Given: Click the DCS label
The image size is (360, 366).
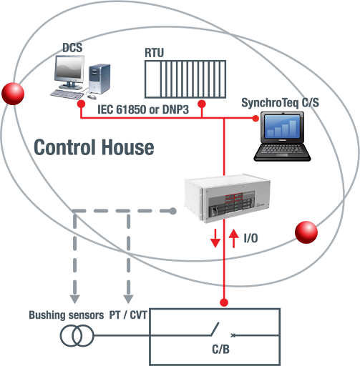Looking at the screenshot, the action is coord(72,47).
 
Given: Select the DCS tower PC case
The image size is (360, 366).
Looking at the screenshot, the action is coord(99,79).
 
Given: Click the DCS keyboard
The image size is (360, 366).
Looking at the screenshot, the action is coord(67,94).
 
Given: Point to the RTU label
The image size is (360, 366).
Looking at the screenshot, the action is coord(154,53).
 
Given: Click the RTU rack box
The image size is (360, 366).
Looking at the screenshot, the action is coord(185,79).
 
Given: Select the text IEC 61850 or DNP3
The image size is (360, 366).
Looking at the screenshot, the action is coord(143,109).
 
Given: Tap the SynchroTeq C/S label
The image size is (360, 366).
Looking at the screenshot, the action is coord(280,103).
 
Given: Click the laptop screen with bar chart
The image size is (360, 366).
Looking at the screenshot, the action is coord(282,127).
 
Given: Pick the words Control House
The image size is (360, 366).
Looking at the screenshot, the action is coord(94,147).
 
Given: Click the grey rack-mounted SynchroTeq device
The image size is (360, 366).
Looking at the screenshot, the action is coord(227,199).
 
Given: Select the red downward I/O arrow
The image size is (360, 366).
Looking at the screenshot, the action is coord(215,238).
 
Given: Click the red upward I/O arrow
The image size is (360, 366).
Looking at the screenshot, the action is coord(233,238).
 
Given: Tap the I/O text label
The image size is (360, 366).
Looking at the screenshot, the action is coord(250,238).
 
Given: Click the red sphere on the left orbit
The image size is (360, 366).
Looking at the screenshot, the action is coord(13,94).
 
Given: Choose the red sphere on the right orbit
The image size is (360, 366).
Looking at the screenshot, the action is coord(306,232).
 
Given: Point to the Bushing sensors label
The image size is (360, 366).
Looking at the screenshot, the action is coord(67,315).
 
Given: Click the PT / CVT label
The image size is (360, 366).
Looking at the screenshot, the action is coord(128,315).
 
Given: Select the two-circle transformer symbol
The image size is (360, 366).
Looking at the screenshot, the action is coord(77,336).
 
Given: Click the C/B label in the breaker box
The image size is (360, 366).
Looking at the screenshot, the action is coord(220,349).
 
